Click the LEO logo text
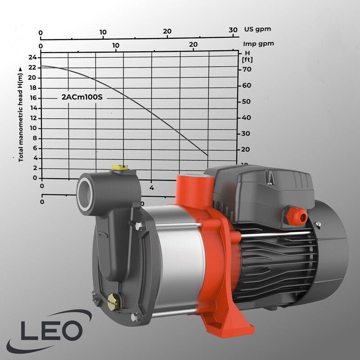click(50, 332)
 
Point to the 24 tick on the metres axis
click(32, 57)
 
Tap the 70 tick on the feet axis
click(246, 70)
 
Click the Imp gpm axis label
click(258, 44)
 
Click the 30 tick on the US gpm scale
click(233, 30)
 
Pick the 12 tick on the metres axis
click(32, 118)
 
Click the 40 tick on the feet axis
click(246, 117)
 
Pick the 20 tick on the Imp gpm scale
click(193, 45)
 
